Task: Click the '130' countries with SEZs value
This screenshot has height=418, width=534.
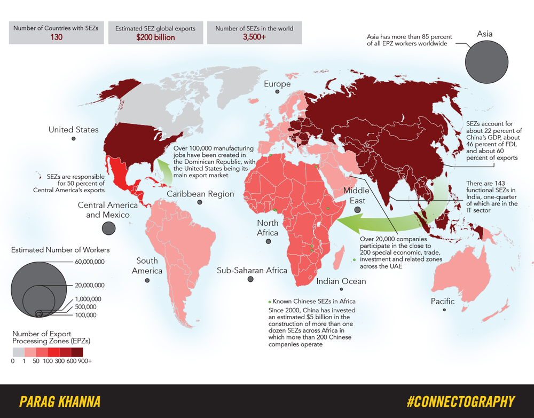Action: point(56,37)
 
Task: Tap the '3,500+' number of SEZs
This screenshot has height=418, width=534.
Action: point(254,37)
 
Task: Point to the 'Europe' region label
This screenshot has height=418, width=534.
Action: point(277,84)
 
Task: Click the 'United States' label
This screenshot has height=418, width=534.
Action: point(73,130)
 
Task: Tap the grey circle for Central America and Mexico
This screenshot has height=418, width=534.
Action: point(108,228)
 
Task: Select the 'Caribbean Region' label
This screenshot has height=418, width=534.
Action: point(200,194)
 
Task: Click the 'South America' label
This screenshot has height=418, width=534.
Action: point(147,265)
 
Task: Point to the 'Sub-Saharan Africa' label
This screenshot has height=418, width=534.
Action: point(252,270)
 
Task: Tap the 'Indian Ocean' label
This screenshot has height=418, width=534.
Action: point(341,281)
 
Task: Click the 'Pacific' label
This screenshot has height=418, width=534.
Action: point(443,301)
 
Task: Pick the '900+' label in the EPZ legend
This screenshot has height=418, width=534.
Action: point(84,361)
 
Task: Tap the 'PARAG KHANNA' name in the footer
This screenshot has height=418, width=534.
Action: point(59,401)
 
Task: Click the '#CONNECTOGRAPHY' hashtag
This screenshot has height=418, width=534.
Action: point(460,401)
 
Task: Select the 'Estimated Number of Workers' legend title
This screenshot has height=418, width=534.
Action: point(60,250)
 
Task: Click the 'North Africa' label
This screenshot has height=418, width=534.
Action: point(268,227)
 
